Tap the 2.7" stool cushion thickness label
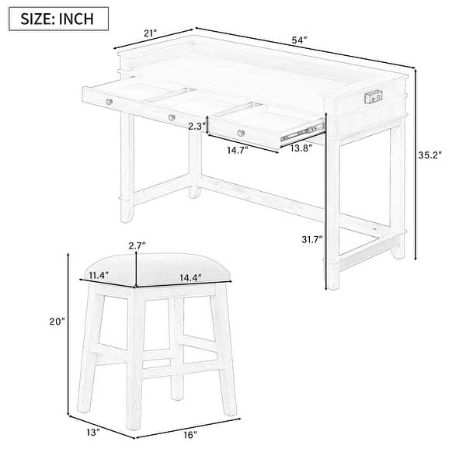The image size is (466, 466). [x=137, y=245]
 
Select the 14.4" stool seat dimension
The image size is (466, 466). [x=190, y=277]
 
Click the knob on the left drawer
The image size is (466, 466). [x=110, y=101]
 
